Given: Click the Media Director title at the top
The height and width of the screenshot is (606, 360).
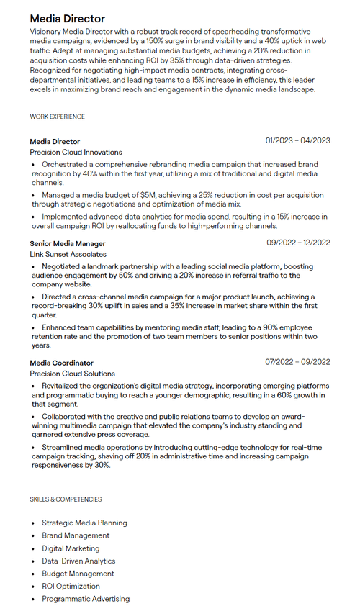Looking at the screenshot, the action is pyautogui.click(x=67, y=19).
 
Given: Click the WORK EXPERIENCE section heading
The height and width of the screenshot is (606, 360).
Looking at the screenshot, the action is pyautogui.click(x=57, y=117).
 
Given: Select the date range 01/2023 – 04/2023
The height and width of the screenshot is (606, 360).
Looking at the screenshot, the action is pyautogui.click(x=297, y=140).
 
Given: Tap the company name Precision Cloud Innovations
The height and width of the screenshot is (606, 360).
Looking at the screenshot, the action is pyautogui.click(x=76, y=153).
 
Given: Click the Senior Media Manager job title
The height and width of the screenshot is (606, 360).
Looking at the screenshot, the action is pyautogui.click(x=67, y=243).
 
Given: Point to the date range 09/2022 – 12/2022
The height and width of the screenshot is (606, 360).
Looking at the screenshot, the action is pyautogui.click(x=298, y=243).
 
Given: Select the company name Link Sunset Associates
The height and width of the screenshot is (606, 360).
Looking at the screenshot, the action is pyautogui.click(x=68, y=254).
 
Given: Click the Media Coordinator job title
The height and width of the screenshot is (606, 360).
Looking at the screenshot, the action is pyautogui.click(x=61, y=363).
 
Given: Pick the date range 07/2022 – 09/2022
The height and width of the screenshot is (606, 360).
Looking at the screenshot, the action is pyautogui.click(x=297, y=362).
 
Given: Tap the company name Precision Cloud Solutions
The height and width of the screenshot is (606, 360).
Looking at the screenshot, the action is pyautogui.click(x=72, y=374).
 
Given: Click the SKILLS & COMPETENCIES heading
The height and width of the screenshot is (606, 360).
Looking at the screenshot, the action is pyautogui.click(x=66, y=499).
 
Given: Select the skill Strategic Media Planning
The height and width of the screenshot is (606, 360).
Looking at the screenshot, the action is pyautogui.click(x=84, y=523).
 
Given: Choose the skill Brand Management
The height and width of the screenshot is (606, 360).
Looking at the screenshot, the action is pyautogui.click(x=76, y=535).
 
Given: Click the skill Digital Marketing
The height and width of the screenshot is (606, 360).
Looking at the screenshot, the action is pyautogui.click(x=71, y=548).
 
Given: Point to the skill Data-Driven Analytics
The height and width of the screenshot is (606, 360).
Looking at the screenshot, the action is pyautogui.click(x=78, y=561).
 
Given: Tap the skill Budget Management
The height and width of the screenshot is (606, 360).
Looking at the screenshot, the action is pyautogui.click(x=78, y=574).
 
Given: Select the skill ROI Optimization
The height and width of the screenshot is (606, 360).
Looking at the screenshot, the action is pyautogui.click(x=71, y=586).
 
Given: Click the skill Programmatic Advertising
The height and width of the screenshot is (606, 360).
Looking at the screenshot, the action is pyautogui.click(x=86, y=599).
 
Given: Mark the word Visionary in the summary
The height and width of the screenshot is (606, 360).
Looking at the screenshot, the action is pyautogui.click(x=46, y=32).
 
